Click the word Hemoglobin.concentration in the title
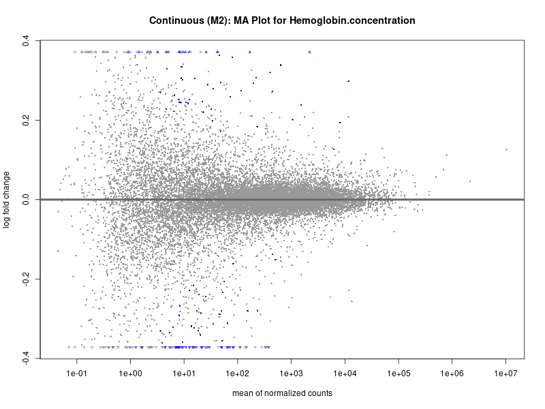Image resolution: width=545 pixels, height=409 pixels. (352, 21)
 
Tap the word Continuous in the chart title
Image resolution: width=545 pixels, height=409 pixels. (177, 21)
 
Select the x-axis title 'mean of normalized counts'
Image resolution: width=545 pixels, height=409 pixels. (282, 393)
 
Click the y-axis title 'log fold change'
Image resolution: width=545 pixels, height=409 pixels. (7, 200)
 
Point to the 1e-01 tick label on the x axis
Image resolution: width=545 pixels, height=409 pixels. (76, 374)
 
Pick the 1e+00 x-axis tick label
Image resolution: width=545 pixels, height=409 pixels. (130, 374)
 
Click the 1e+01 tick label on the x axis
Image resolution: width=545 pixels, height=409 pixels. (184, 374)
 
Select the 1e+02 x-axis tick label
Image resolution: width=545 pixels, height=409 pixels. (237, 374)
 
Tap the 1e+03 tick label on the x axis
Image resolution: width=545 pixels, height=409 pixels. (291, 374)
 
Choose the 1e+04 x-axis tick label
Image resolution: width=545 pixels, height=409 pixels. (345, 374)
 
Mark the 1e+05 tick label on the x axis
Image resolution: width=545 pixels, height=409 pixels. (399, 374)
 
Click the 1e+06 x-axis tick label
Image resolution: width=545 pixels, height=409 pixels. (452, 374)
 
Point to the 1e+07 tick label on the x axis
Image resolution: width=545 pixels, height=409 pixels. (505, 374)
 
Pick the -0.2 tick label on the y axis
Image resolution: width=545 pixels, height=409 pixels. (25, 279)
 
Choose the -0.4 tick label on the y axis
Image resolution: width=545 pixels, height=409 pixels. (25, 359)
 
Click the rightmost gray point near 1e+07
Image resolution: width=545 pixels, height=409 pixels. (507, 149)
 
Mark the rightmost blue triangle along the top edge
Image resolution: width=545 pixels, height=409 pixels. (309, 52)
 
